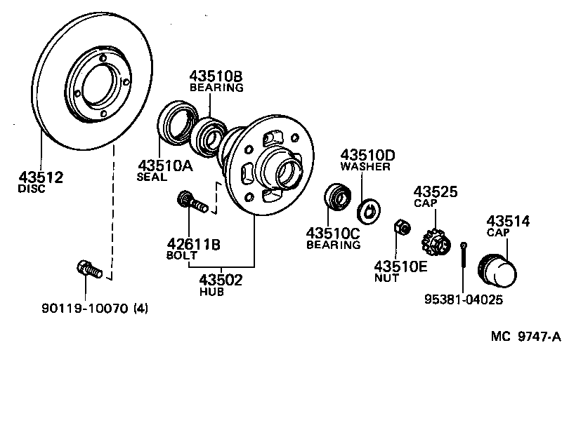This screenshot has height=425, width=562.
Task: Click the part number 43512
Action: (x=40, y=177)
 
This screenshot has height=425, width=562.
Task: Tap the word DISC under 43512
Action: (x=31, y=189)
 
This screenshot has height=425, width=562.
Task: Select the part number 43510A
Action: (x=163, y=166)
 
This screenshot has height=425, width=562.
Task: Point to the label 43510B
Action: (x=216, y=76)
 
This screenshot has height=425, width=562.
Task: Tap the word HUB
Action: (x=211, y=292)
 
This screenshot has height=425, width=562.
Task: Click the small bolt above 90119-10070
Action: (x=89, y=269)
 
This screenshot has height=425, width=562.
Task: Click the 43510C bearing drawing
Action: (x=337, y=196)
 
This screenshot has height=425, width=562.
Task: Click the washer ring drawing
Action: (x=367, y=210)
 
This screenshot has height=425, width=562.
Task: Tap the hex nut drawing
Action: (x=403, y=227)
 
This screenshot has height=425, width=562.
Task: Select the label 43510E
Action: (x=400, y=266)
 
